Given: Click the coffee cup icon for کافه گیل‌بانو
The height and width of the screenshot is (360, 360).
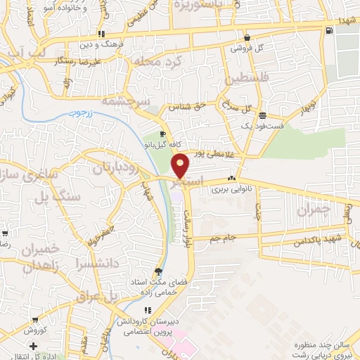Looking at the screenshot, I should pos(162,134).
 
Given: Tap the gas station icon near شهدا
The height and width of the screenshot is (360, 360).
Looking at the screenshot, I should pos(329,30).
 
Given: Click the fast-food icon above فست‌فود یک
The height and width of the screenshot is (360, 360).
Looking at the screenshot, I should pos(262,115).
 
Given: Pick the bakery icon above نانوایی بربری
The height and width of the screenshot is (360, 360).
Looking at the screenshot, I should pos(231,178).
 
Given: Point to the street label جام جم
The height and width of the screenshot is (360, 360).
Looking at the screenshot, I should pos(224,240).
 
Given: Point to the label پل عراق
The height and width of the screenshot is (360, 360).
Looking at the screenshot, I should pos(122,296).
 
